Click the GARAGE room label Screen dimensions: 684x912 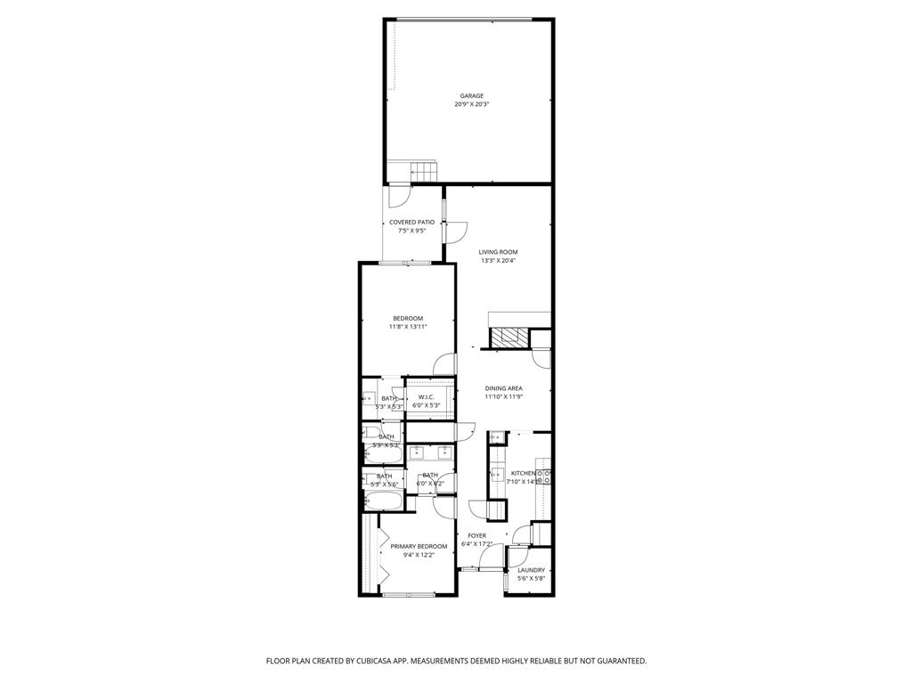pyautogui.click(x=472, y=95)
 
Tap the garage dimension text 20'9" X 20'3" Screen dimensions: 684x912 pyautogui.click(x=472, y=104)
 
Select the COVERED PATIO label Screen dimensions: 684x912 pyautogui.click(x=412, y=222)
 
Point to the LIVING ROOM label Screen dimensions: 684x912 pyautogui.click(x=498, y=252)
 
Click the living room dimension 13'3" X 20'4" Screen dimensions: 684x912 pyautogui.click(x=498, y=261)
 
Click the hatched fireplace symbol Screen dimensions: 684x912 pyautogui.click(x=510, y=338)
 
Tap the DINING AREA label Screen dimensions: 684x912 pyautogui.click(x=503, y=388)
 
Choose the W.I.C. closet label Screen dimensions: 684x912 pyautogui.click(x=426, y=396)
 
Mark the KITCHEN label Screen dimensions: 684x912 pyautogui.click(x=523, y=473)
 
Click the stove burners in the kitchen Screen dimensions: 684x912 pyautogui.click(x=543, y=474)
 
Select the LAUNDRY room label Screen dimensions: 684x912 pyautogui.click(x=531, y=570)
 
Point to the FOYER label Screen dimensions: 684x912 pyautogui.click(x=477, y=535)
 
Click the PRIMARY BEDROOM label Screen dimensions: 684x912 pyautogui.click(x=419, y=546)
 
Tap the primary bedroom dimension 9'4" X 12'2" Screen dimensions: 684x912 pyautogui.click(x=419, y=555)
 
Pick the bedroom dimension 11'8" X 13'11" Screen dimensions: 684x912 pyautogui.click(x=408, y=327)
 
